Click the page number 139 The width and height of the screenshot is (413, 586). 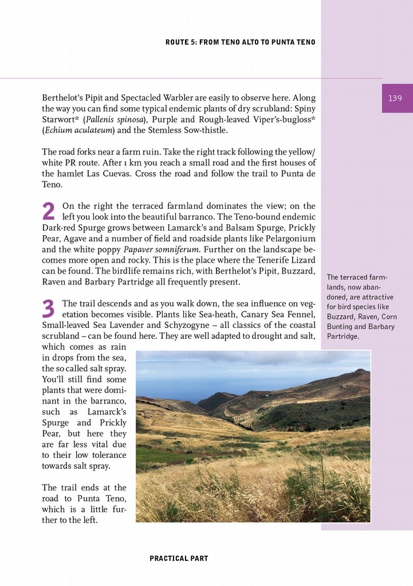click(395, 98)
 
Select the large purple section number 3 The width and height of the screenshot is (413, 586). click(49, 310)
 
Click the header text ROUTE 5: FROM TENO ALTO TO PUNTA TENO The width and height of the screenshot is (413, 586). click(240, 42)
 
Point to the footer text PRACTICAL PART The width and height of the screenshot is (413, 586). click(179, 558)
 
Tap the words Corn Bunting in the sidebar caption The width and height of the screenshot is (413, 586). click(361, 322)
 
